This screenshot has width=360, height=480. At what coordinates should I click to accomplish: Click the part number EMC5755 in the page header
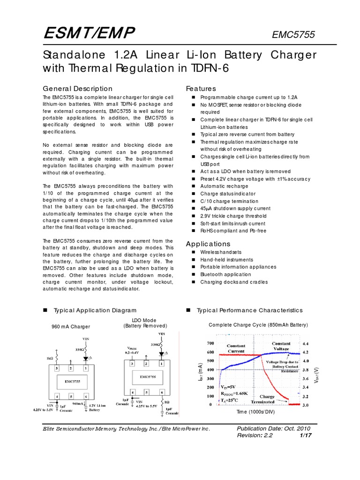[x=293, y=35]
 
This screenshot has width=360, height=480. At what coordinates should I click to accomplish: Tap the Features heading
[x=201, y=89]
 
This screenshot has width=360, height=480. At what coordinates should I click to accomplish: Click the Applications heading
[x=208, y=244]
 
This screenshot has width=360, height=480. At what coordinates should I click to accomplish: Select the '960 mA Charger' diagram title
[x=70, y=327]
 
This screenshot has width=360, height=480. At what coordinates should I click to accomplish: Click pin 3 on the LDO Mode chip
[x=132, y=364]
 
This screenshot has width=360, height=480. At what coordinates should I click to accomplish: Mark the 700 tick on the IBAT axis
[x=210, y=343]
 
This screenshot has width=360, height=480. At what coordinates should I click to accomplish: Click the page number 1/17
[x=305, y=436]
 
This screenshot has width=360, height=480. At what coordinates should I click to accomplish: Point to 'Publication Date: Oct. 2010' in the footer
[x=273, y=428]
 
